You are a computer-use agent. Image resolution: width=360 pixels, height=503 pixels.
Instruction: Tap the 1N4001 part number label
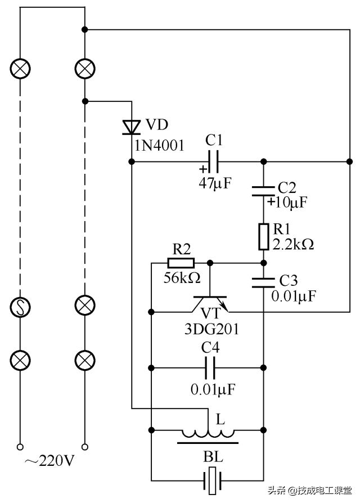(x=159, y=146)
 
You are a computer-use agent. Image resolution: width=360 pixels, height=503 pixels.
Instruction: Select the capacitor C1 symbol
(x=214, y=161)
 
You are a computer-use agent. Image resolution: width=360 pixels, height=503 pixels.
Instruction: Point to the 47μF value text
(x=215, y=182)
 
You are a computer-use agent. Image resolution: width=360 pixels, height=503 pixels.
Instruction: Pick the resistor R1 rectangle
(x=263, y=236)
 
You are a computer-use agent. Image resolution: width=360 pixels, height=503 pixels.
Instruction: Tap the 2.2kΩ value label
(x=292, y=245)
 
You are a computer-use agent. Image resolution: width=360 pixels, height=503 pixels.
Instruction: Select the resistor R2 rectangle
(x=181, y=262)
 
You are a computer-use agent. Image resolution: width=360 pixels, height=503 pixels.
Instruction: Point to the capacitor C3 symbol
(x=263, y=281)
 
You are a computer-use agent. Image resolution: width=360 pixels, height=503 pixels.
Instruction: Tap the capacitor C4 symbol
(x=210, y=369)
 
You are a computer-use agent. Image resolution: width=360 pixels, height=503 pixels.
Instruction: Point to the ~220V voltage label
(x=49, y=462)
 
